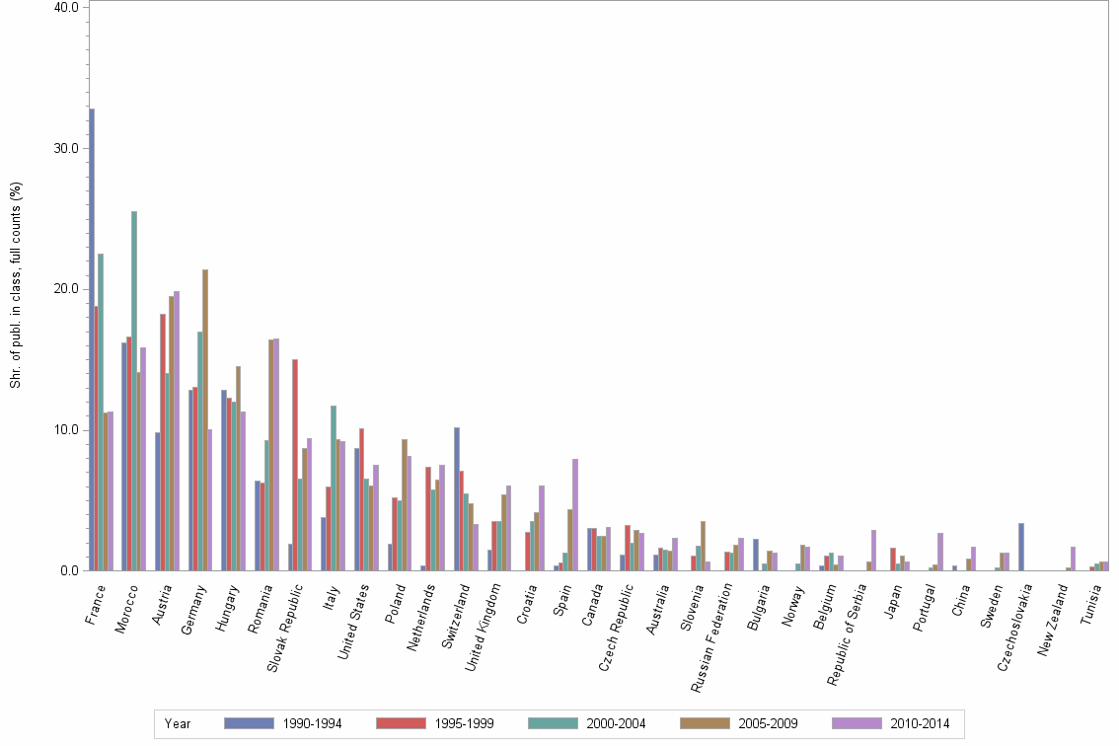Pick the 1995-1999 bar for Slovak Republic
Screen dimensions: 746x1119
(x=295, y=465)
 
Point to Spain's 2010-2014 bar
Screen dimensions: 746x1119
(x=575, y=514)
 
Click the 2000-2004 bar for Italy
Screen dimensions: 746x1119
(x=334, y=487)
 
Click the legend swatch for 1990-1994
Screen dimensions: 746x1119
(x=250, y=723)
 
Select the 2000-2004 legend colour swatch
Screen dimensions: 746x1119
(x=554, y=723)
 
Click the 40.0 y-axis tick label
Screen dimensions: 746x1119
(x=66, y=7)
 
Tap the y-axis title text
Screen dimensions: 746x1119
(x=16, y=286)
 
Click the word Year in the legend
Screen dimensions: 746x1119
(x=179, y=724)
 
